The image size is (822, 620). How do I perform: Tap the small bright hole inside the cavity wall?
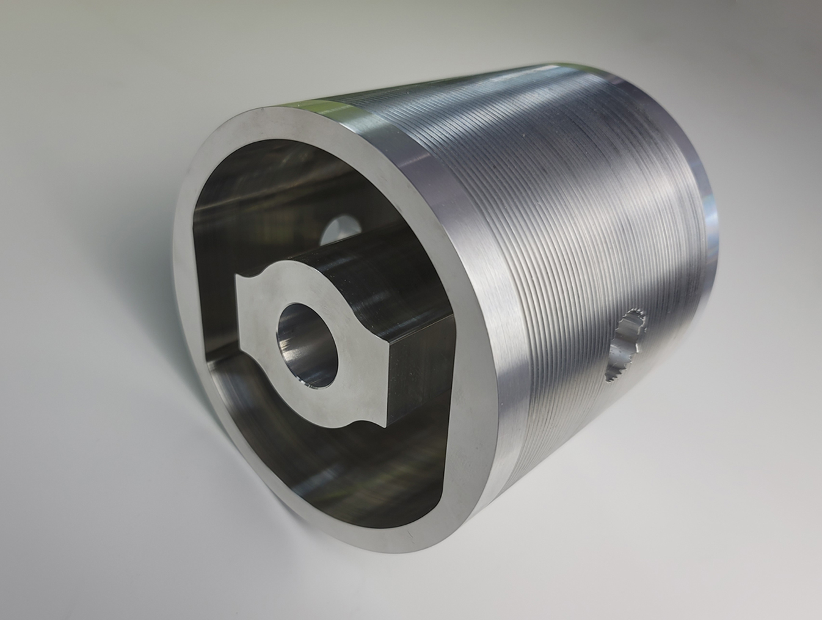tap(338, 230)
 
